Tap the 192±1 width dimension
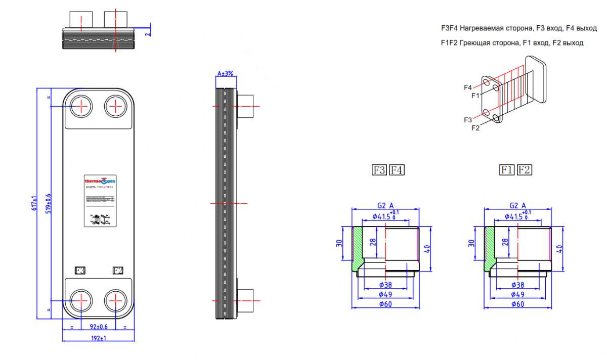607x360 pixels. pos(99,338)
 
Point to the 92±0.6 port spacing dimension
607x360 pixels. pos(99,326)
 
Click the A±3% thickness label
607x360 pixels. pos(225,73)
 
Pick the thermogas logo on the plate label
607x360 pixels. pos(99,181)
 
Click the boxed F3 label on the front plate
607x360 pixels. pos(80,271)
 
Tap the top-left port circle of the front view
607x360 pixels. pos(80,107)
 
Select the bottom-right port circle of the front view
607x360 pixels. pos(116,302)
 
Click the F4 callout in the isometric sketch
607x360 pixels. pos(468,87)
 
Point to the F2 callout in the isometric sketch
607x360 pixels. pos(475,128)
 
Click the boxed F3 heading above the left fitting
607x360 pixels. pos(379,170)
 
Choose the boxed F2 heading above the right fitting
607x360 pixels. pos(525,170)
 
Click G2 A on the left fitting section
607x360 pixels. pos(385,205)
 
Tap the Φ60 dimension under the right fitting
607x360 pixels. pos(517,304)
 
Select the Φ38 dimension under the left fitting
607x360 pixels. pos(386,285)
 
